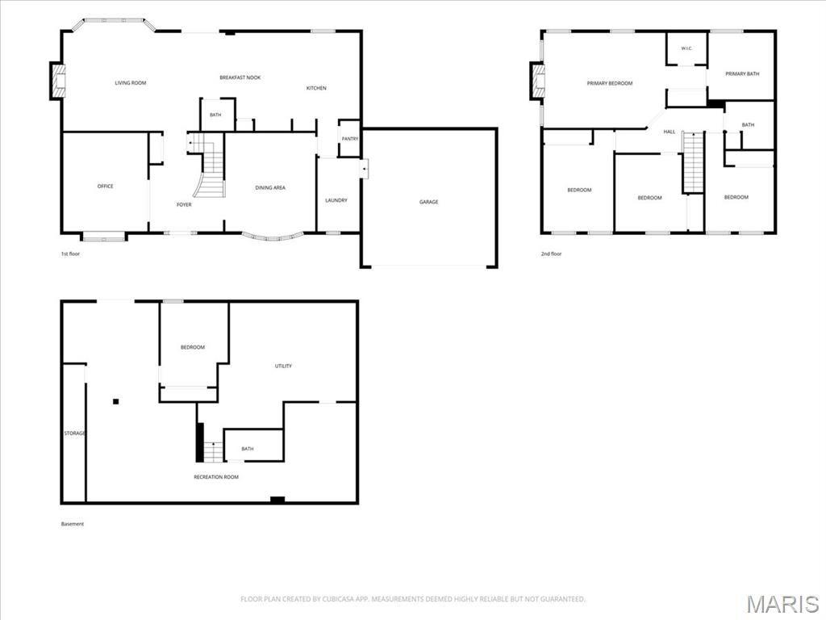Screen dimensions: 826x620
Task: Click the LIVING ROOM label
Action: pos(131,83)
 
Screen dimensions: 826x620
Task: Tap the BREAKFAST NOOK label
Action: pos(240,77)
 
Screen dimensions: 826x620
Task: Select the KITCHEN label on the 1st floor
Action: pos(316,88)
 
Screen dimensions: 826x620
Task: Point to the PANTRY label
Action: pos(350,139)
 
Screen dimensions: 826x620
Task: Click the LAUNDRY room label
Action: pos(336,200)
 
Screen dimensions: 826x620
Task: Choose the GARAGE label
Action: pos(429,202)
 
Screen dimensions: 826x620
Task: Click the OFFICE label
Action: pos(106,186)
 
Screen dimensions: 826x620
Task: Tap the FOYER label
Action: pos(184,204)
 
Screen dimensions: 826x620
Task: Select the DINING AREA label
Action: pos(270,187)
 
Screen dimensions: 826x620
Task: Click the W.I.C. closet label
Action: pos(686,48)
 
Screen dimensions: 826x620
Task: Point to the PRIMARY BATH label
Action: pos(742,73)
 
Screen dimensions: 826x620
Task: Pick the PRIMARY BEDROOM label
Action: pos(610,83)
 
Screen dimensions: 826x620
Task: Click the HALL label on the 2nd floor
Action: pos(670,132)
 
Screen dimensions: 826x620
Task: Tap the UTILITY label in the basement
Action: pos(283,366)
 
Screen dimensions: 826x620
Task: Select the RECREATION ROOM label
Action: pos(216,477)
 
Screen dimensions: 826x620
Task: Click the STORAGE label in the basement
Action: pos(75,434)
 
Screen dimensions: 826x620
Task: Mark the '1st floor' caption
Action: pos(71,254)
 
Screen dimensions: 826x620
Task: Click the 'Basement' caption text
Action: pos(73,524)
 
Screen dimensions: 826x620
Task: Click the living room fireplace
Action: pos(58,81)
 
